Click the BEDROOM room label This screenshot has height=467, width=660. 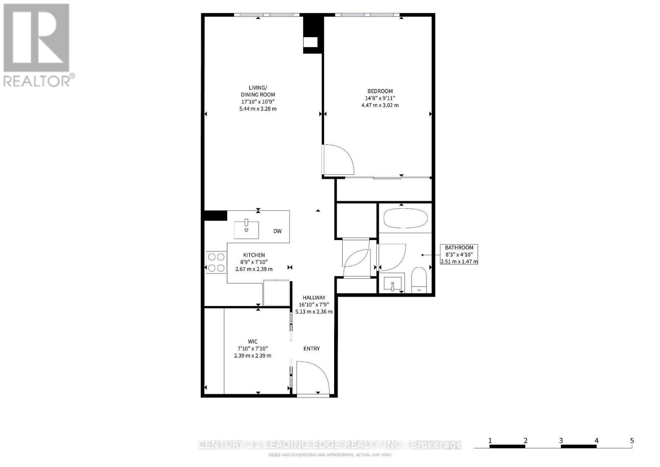click(x=380, y=91)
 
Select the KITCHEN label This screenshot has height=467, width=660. click(x=254, y=255)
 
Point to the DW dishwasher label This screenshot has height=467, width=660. click(x=277, y=231)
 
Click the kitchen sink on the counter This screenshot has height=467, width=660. click(x=246, y=230)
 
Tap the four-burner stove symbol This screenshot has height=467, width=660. click(x=216, y=262)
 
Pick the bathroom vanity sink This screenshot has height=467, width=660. click(x=392, y=284)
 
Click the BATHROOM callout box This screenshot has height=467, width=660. click(x=459, y=254)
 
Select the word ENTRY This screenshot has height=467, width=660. click(x=311, y=349)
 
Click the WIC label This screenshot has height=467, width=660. click(x=252, y=341)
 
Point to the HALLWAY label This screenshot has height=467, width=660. click(x=313, y=297)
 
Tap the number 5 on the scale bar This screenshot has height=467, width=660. click(x=632, y=441)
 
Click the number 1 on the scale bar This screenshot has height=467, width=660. click(x=490, y=441)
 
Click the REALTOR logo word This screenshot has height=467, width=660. click(x=37, y=80)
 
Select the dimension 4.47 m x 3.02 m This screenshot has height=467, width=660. click(x=380, y=105)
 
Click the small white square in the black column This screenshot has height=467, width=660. click(x=310, y=42)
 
